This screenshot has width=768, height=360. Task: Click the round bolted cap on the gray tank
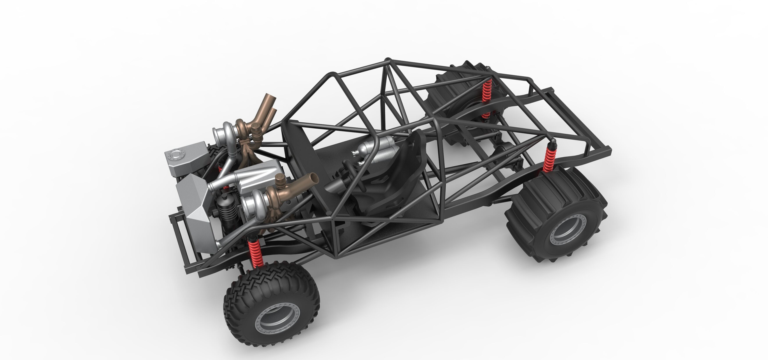(x=176, y=155)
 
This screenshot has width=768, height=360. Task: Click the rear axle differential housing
(x=507, y=149)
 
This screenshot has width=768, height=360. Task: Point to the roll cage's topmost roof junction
(x=388, y=61)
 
